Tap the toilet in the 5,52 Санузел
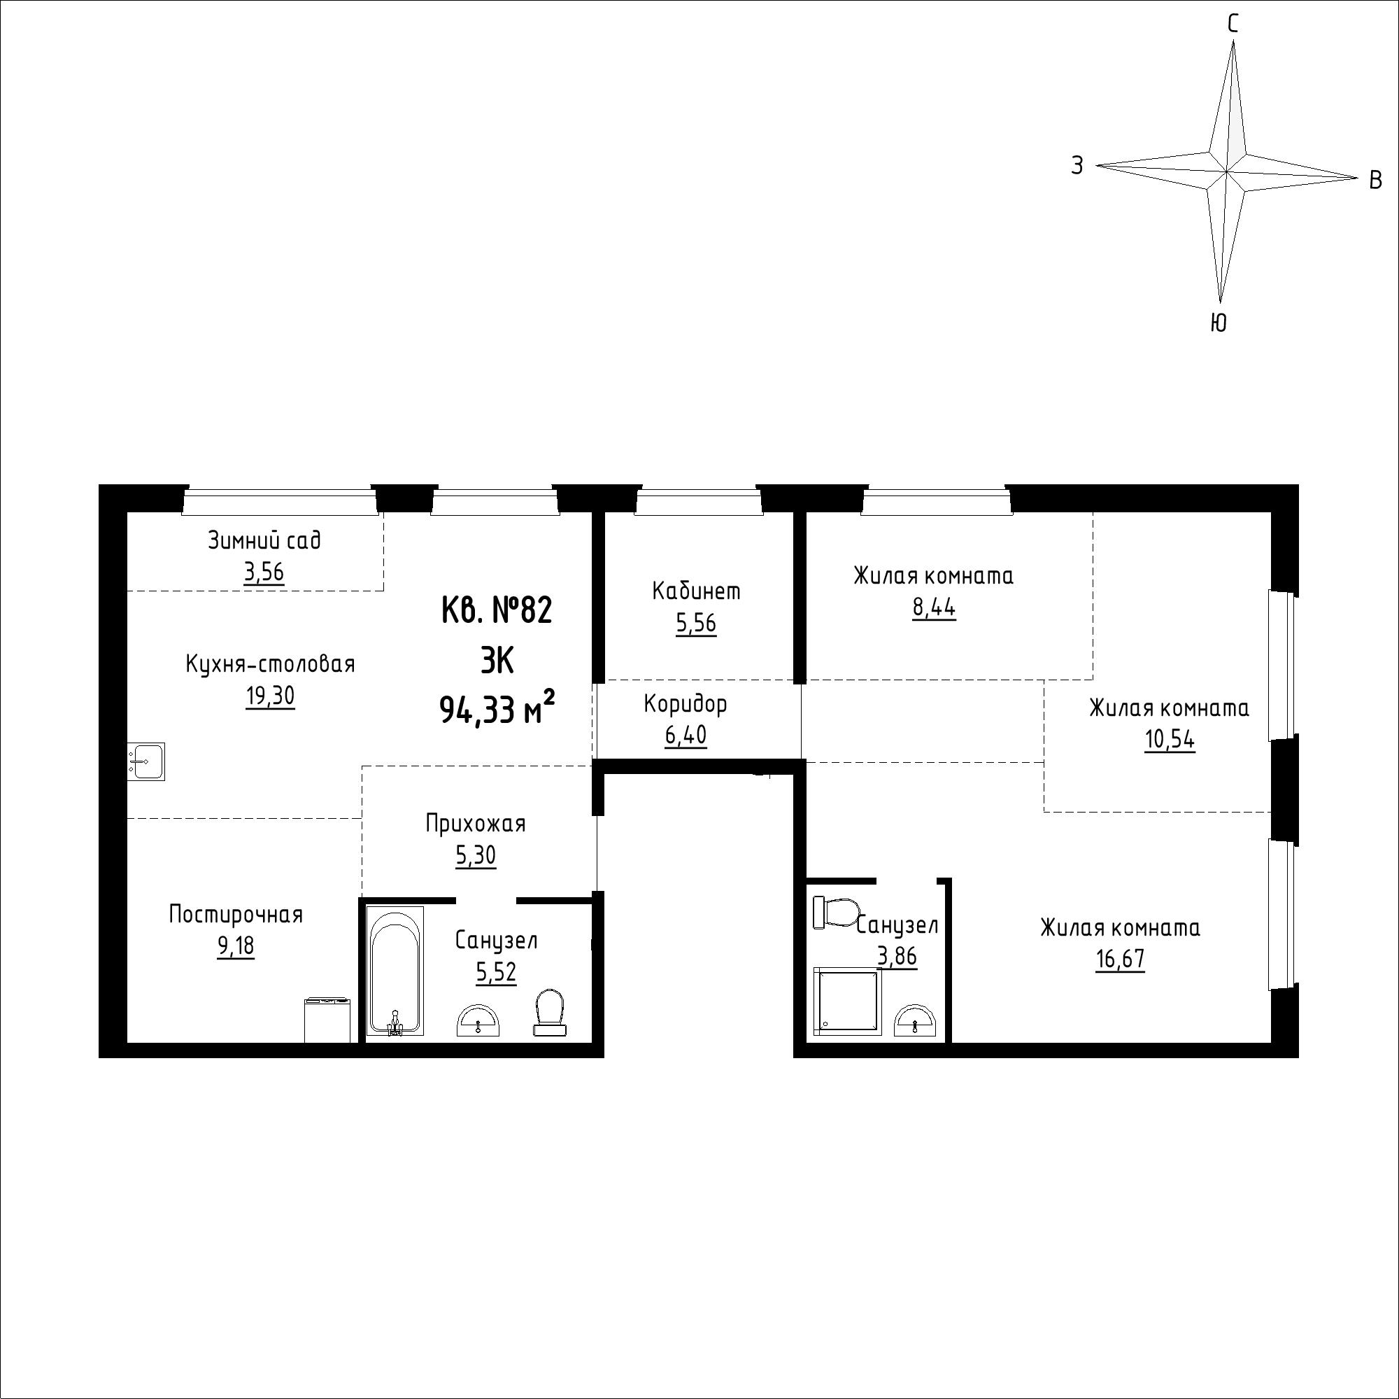pyautogui.click(x=551, y=1013)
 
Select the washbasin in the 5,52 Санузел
pyautogui.click(x=478, y=1020)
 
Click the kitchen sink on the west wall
pyautogui.click(x=146, y=761)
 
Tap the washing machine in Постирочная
pyautogui.click(x=328, y=1020)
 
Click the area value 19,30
pyautogui.click(x=270, y=696)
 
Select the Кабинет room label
pyautogui.click(x=697, y=591)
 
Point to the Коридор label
pyautogui.click(x=685, y=703)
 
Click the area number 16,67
pyautogui.click(x=1120, y=959)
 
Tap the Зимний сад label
pyautogui.click(x=264, y=540)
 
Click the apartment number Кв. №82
pyautogui.click(x=497, y=610)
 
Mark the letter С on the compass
pyautogui.click(x=1233, y=24)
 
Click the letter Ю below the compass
pyautogui.click(x=1219, y=323)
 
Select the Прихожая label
pyautogui.click(x=476, y=824)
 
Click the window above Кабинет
pyautogui.click(x=699, y=502)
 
